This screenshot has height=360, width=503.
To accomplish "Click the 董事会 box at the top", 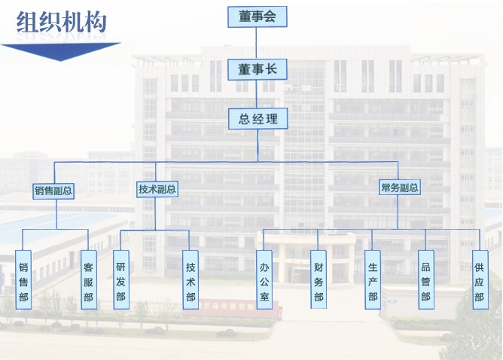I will tap(257, 15).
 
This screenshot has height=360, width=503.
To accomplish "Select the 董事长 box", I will tap(257, 69).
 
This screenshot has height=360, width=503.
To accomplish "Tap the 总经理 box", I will tap(258, 118).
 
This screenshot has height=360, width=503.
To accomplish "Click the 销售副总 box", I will tap(54, 191).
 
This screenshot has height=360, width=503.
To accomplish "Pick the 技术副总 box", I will tap(157, 189).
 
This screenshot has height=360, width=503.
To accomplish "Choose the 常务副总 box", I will tap(400, 188).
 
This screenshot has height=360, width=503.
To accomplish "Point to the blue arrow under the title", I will tap(60, 51).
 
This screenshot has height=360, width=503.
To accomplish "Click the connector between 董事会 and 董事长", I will tap(257, 42).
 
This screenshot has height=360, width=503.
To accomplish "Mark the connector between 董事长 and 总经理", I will tap(257, 94).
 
